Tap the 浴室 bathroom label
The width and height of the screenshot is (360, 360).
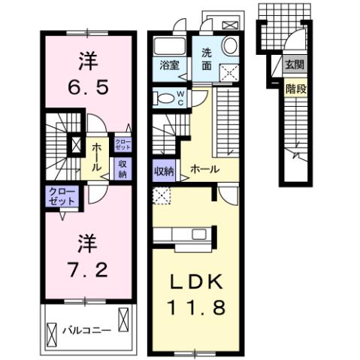[169, 65]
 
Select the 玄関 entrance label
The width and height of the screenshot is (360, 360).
[293, 66]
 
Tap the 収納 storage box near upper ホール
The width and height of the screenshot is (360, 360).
[122, 169]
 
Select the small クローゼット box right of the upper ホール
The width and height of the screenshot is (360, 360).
[122, 143]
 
